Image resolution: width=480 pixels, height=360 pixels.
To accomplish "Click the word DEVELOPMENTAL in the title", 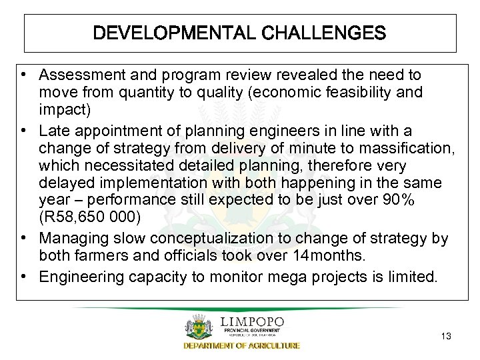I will click(x=164, y=33).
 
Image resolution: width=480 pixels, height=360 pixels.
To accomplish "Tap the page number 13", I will click(x=446, y=336).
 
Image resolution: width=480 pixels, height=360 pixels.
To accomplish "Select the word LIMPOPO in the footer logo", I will click(x=252, y=322).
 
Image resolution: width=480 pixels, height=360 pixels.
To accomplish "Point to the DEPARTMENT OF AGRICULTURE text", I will click(x=241, y=345).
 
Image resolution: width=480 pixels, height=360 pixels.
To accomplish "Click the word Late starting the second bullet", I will click(x=53, y=129).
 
